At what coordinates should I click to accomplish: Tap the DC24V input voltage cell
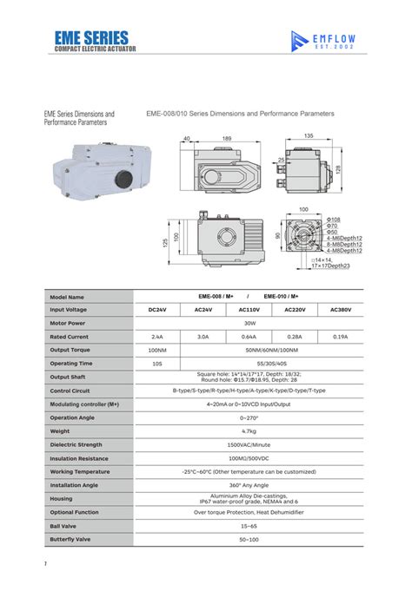156,309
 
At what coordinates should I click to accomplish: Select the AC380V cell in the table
340,309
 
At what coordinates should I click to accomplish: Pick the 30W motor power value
248,323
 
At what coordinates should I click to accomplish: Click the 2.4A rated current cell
156,336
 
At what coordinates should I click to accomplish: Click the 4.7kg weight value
248,430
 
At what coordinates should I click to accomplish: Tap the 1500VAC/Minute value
248,444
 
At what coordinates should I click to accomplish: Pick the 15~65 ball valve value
248,525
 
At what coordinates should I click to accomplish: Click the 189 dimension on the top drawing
227,138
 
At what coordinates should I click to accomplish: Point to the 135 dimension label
309,136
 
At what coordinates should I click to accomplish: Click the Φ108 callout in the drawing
333,220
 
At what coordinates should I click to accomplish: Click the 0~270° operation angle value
248,417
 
